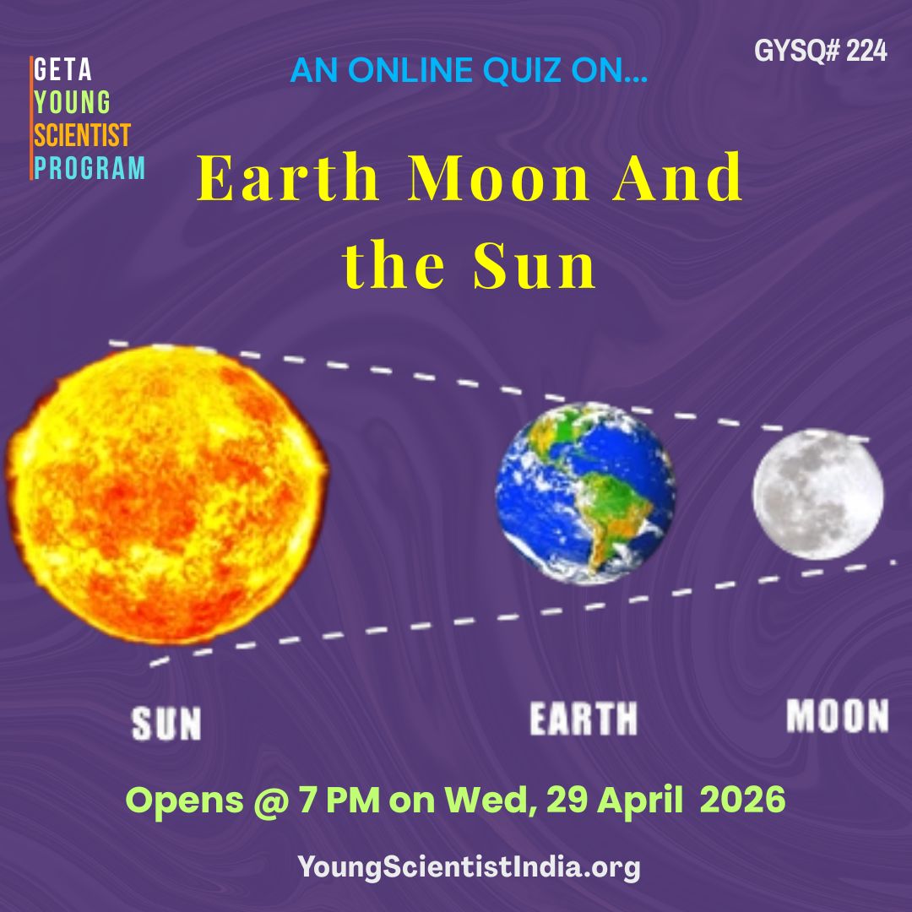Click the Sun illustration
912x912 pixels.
[167, 494]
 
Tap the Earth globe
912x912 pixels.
[585, 493]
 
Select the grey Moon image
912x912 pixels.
[817, 494]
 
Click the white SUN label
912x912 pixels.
[166, 724]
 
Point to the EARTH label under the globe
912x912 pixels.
[584, 719]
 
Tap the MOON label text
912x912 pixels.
[838, 715]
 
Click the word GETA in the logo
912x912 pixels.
[62, 70]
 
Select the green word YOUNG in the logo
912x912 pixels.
[72, 102]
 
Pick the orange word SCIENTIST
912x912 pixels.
[82, 135]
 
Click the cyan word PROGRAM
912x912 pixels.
[89, 167]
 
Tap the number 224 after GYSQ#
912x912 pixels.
[866, 52]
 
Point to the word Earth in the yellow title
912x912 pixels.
[289, 176]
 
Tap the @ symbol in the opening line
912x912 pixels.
[271, 801]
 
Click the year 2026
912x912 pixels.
[743, 800]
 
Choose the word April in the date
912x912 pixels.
[640, 801]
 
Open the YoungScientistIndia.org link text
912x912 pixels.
[469, 867]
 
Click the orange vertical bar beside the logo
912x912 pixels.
[31, 118]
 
